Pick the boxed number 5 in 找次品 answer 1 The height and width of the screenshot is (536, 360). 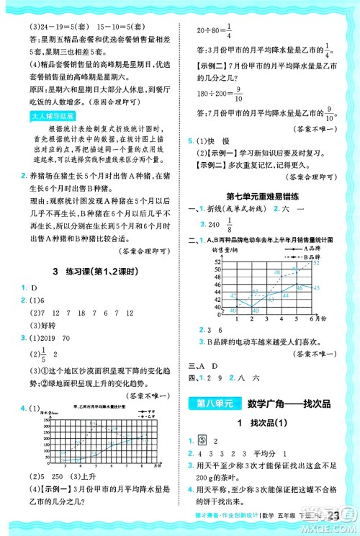pyautogui.click(x=204, y=439)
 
